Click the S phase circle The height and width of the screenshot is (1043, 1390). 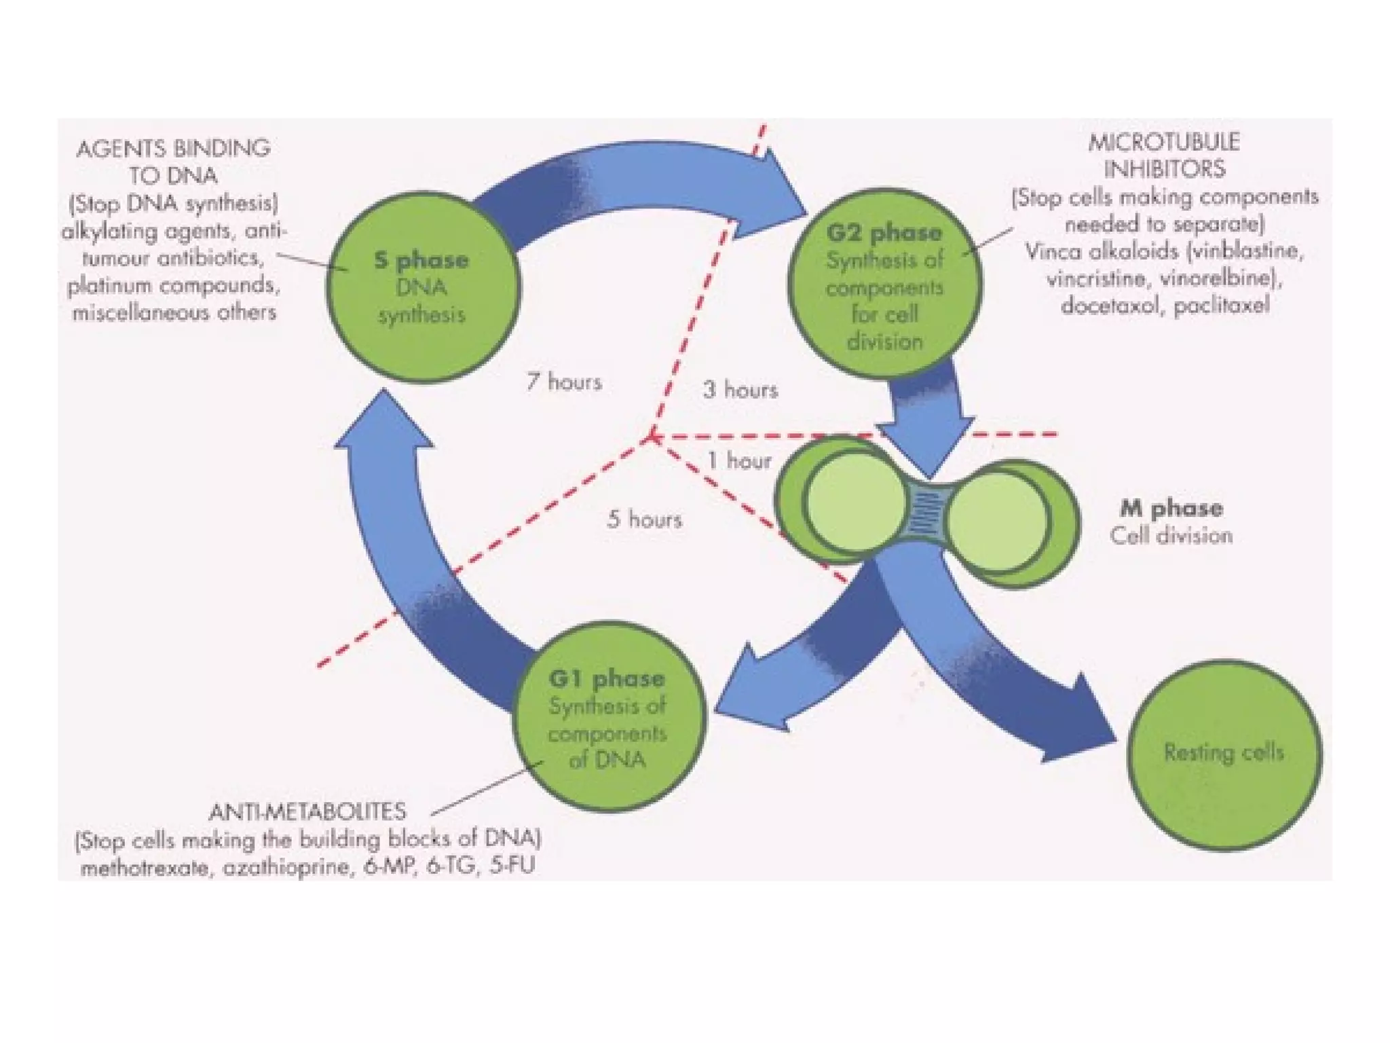(x=422, y=287)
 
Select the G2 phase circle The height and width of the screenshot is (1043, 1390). (x=884, y=283)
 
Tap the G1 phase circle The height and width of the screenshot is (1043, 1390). (x=608, y=716)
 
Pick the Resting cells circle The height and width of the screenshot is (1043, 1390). (x=1224, y=754)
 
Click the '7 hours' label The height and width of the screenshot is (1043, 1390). (x=564, y=382)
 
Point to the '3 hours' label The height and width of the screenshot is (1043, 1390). (x=740, y=390)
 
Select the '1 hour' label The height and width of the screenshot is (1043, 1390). (x=739, y=461)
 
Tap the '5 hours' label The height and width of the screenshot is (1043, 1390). (x=644, y=519)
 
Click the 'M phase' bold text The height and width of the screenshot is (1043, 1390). (x=1171, y=508)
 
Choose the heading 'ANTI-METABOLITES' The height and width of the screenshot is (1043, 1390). (x=307, y=812)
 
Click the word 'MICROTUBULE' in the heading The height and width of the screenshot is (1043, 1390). (x=1164, y=142)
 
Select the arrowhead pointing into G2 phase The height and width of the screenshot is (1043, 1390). (x=781, y=194)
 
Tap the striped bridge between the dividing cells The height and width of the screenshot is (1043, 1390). (x=926, y=515)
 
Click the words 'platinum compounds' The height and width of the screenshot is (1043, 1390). (x=174, y=285)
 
